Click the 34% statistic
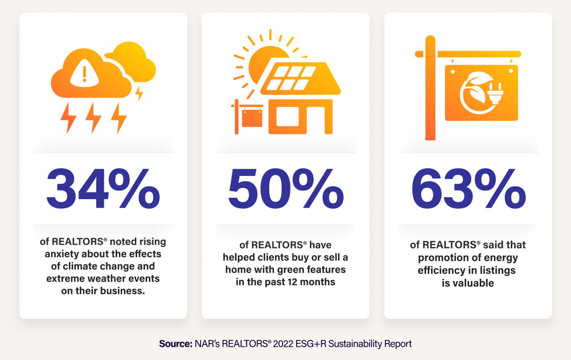coord(103,188)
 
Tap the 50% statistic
coord(286,188)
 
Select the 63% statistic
coord(468,188)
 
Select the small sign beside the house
coord(252,118)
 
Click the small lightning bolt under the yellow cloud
coord(139,93)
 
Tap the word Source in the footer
coord(175,344)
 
